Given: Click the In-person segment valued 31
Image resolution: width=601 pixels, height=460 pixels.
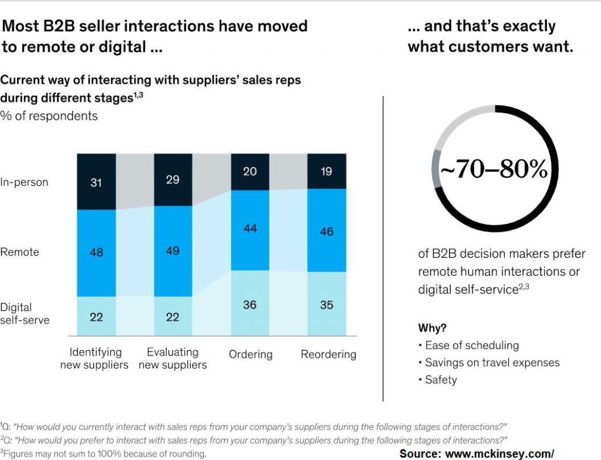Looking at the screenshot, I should pyautogui.click(x=96, y=182).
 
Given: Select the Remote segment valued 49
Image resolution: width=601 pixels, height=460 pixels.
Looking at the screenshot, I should pyautogui.click(x=173, y=251).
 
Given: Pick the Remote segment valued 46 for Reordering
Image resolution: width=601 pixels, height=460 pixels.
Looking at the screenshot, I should pyautogui.click(x=326, y=231).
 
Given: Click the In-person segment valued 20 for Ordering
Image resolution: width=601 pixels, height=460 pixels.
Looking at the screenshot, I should pyautogui.click(x=250, y=172).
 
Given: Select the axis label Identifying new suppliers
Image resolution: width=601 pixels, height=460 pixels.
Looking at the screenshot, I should pyautogui.click(x=94, y=358).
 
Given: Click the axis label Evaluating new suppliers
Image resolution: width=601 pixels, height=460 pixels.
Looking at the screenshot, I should pyautogui.click(x=173, y=358).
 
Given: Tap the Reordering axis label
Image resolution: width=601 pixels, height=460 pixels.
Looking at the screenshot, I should pyautogui.click(x=328, y=354).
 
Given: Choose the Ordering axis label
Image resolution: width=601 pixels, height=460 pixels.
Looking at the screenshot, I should pyautogui.click(x=251, y=354).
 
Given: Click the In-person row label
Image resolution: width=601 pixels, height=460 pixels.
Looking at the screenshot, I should pyautogui.click(x=24, y=182).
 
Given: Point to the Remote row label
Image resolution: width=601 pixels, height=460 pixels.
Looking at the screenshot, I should pyautogui.click(x=20, y=252).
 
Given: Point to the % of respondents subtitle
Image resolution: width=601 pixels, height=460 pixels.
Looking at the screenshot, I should pyautogui.click(x=49, y=116).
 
